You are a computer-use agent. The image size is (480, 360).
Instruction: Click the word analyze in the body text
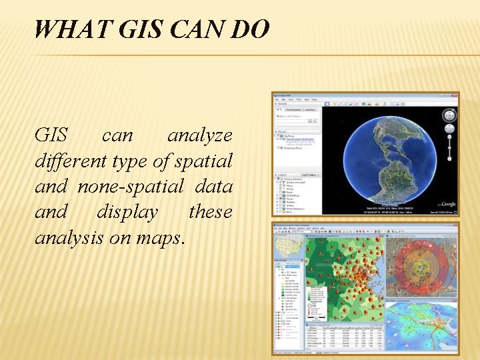[x=199, y=136]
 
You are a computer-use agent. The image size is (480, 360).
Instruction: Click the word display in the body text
[x=127, y=212]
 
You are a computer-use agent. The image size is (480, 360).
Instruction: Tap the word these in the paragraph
[x=210, y=212]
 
